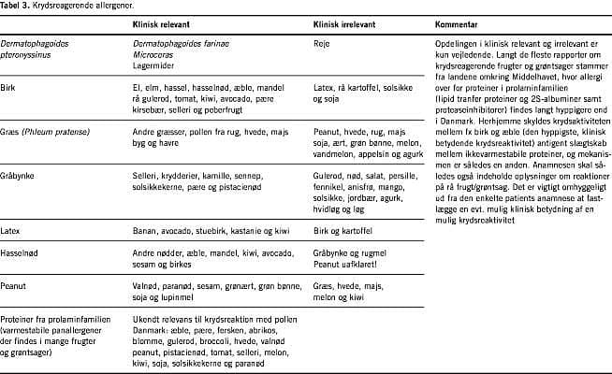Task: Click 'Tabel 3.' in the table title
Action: [14, 6]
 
